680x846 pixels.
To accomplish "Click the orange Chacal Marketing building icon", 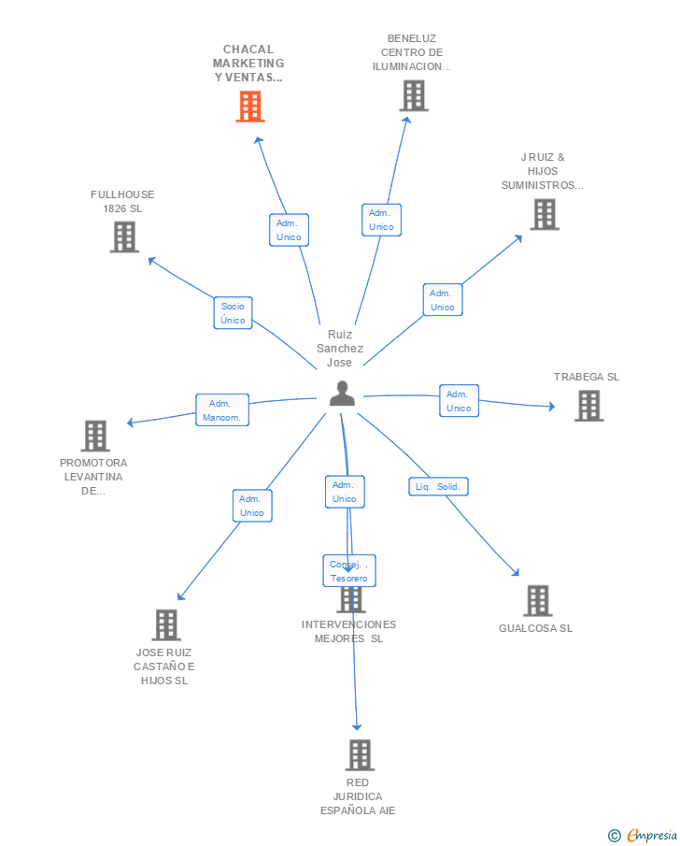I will tap(249, 107).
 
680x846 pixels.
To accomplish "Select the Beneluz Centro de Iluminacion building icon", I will tap(414, 95).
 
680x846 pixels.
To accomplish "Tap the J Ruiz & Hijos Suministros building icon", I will tap(544, 214).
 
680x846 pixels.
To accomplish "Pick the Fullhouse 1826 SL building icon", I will tap(123, 237).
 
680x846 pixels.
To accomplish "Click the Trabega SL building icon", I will tap(588, 406).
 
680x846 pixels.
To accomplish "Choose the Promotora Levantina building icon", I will tap(95, 436).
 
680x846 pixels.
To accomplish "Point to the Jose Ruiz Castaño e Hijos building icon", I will tap(165, 624).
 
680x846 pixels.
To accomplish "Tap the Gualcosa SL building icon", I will tap(537, 600).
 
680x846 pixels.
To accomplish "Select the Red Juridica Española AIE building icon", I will tap(359, 754).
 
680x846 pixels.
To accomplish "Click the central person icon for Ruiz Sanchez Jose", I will tap(342, 394).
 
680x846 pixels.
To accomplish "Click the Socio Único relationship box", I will tap(233, 313).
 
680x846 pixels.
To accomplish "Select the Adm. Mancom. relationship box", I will tap(222, 410).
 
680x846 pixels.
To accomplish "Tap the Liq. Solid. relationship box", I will tap(438, 487).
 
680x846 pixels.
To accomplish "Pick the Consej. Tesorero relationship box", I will tap(349, 571).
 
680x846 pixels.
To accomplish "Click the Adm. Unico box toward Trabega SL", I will tap(459, 401).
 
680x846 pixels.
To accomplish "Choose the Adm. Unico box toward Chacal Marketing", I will tap(289, 230).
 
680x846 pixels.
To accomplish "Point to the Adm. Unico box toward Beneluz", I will tap(381, 220).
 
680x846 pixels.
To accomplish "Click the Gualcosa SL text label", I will tap(535, 628).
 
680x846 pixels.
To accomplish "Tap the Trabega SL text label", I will tap(587, 378).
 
